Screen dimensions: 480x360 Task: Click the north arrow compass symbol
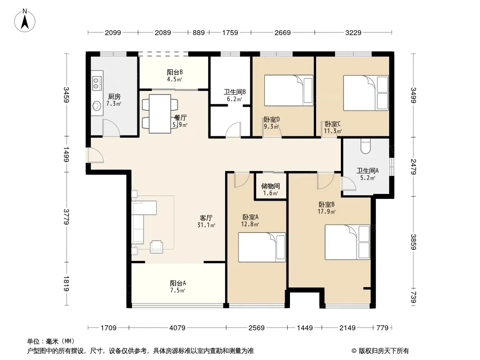pos(25,20)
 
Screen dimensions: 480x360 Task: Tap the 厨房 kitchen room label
pos(114,97)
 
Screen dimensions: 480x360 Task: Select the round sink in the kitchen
pos(97,106)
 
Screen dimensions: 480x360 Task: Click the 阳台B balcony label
pos(175,72)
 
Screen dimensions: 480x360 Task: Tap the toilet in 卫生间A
pos(366,146)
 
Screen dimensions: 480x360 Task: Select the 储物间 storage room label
pos(270,186)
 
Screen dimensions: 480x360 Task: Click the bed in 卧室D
pos(289,90)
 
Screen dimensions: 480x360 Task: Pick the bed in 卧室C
pos(366,93)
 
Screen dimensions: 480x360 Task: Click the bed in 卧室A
pos(262,247)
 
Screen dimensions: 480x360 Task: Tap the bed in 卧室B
pos(348,242)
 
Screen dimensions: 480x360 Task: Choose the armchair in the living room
pos(156,247)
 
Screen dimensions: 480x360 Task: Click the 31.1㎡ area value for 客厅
pos(206,225)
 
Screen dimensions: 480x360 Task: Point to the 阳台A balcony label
pos(178,283)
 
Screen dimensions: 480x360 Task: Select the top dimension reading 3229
pos(353,32)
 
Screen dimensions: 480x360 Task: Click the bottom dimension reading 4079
pos(177,328)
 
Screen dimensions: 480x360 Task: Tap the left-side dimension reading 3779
pos(67,217)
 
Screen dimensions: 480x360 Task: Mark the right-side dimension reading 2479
pos(413,166)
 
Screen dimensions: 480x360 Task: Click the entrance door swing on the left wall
pos(95,155)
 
